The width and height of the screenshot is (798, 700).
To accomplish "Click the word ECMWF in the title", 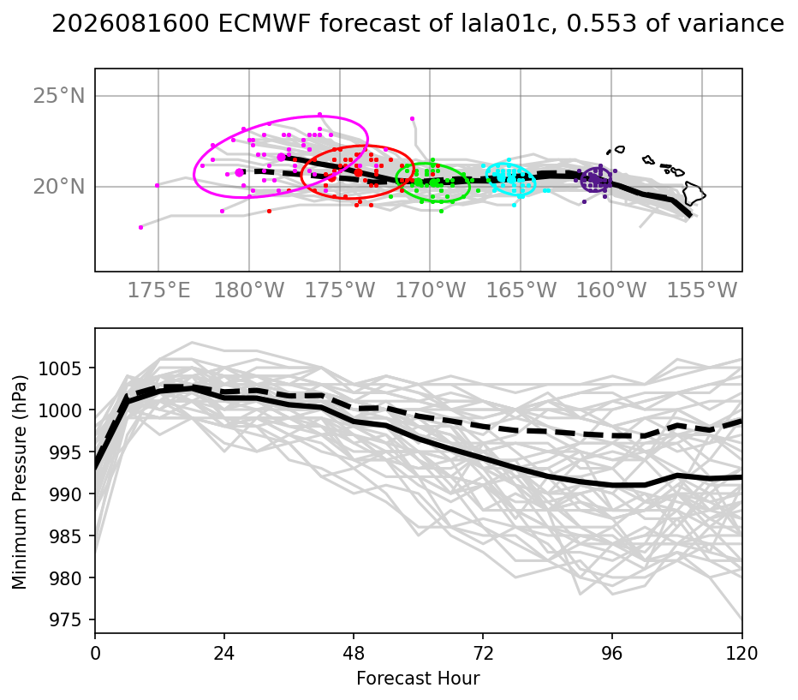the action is coord(264,23).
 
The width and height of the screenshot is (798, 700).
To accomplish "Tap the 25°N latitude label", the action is coord(59,96).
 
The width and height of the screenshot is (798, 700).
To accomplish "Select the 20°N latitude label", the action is coord(59,187).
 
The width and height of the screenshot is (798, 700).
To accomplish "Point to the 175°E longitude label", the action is coord(158,290).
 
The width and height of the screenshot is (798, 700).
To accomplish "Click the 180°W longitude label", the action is coord(249,290).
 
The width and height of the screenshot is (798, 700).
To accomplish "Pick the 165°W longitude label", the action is coord(521,290).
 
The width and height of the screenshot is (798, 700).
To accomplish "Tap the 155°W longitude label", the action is coord(702,290).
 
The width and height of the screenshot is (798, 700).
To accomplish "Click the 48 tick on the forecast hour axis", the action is coord(354,653).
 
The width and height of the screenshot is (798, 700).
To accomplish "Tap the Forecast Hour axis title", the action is coord(418,679).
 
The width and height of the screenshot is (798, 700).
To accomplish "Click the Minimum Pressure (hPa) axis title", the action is coord(19,482).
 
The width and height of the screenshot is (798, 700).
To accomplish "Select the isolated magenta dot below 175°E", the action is coord(141,228).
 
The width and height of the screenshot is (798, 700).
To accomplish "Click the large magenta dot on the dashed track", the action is coord(239,172).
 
